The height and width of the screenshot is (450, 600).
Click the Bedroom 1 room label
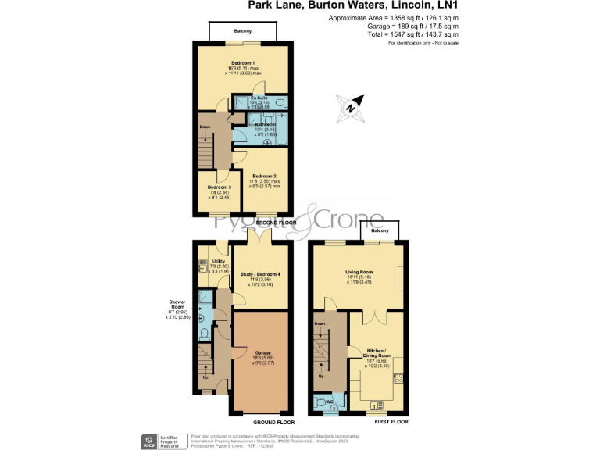point(243,62)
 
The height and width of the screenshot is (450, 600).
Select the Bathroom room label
point(263,124)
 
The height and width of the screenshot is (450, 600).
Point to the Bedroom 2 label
point(264,177)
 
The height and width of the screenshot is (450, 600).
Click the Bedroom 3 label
point(220,187)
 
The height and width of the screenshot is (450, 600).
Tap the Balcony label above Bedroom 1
point(243,31)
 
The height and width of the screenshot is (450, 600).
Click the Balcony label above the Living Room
point(380,231)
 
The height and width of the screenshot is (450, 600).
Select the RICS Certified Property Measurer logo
point(162,440)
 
